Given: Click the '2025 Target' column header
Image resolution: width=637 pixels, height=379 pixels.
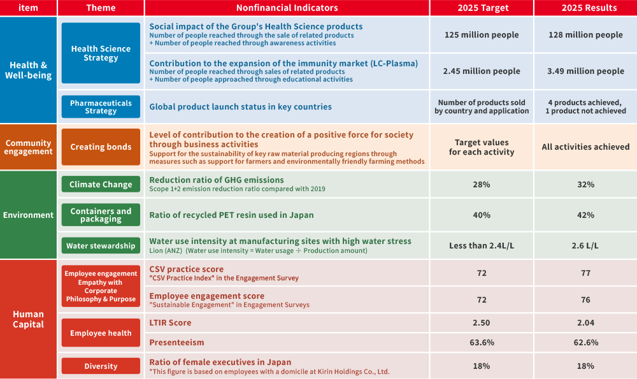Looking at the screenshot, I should tap(482, 8).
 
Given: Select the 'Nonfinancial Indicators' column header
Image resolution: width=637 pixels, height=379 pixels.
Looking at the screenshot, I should tap(287, 8).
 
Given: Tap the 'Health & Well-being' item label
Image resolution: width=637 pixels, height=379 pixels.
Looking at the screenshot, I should tap(28, 70).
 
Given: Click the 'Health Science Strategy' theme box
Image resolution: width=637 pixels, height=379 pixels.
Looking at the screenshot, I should tap(101, 53).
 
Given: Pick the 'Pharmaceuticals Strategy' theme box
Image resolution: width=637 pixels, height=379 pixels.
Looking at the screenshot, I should tap(101, 106).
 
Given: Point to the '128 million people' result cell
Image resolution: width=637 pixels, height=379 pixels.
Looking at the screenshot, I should tap(585, 35).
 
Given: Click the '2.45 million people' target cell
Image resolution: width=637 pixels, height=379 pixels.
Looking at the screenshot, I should tap(482, 71).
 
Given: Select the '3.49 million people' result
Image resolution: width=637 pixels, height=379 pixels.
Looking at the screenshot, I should tap(585, 71).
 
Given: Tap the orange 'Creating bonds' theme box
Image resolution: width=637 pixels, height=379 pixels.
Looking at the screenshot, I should tap(101, 147).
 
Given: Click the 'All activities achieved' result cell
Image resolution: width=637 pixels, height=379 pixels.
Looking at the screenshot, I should tap(585, 147).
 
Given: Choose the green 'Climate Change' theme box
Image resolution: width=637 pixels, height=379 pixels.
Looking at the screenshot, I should tap(101, 184).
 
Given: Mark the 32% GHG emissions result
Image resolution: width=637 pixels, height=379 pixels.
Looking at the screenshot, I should tap(585, 185).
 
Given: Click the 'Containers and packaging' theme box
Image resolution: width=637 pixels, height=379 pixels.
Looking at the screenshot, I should tap(101, 215).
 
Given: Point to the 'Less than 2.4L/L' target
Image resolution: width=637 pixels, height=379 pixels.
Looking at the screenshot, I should tap(482, 246).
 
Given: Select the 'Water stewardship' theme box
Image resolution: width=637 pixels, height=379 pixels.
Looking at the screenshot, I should tap(101, 246).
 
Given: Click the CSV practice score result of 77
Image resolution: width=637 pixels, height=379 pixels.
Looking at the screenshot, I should tap(585, 273).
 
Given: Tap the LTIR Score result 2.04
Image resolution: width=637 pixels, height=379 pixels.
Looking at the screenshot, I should tap(585, 323).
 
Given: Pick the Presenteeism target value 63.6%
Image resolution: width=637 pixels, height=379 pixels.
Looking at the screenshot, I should tap(482, 343).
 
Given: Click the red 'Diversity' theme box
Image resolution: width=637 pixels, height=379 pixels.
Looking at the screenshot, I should tap(101, 366).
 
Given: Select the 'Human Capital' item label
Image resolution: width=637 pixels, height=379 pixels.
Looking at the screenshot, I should tap(28, 319).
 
